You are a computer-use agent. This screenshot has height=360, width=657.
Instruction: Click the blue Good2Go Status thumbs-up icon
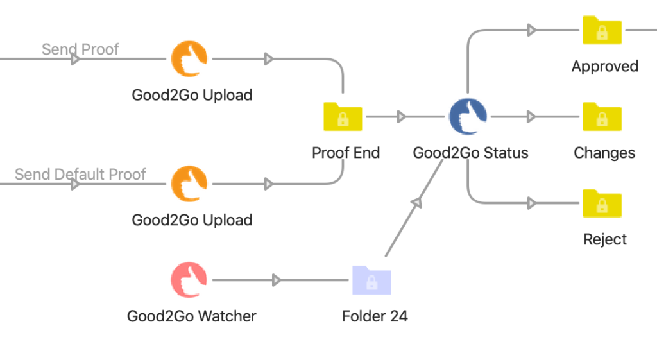468,117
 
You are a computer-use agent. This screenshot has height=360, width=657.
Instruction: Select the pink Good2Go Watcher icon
189,280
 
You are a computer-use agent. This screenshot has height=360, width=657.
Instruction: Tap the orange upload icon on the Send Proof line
189,59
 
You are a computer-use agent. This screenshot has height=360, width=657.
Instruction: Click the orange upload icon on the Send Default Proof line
189,184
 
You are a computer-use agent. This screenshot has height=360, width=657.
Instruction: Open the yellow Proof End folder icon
343,117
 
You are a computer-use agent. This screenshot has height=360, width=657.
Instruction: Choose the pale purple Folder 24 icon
371,280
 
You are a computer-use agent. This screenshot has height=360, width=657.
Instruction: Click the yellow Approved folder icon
602,30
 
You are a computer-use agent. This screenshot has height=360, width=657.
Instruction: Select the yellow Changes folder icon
602,117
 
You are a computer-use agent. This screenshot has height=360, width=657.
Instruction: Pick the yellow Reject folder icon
602,203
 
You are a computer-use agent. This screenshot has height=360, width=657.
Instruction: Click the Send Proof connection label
80,49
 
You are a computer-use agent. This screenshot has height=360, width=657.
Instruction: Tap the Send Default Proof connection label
80,174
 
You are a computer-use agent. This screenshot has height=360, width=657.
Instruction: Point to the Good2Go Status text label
470,153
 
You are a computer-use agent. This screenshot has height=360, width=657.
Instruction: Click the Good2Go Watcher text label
191,316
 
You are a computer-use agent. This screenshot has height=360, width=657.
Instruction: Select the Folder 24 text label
375,316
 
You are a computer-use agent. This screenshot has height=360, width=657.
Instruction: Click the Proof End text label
346,153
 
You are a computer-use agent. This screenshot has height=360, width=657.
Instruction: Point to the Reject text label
605,239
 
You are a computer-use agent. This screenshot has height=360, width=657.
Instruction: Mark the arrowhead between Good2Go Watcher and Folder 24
276,280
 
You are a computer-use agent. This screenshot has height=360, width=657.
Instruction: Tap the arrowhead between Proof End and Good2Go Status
401,117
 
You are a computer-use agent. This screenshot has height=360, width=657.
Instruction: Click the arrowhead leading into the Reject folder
531,203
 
